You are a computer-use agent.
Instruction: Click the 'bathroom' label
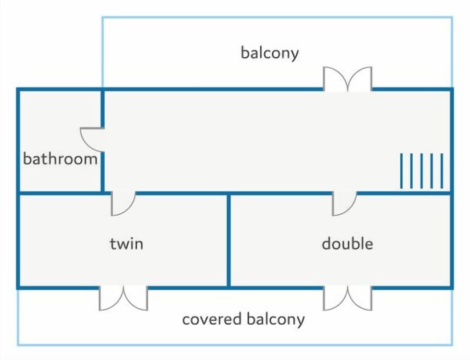tap(60, 159)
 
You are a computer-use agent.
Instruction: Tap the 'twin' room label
tap(126, 244)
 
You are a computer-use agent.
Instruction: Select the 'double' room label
tap(348, 243)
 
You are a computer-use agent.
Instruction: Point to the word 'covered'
tap(211, 319)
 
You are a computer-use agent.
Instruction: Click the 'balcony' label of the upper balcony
tap(270, 53)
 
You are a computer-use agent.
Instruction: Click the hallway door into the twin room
tap(123, 203)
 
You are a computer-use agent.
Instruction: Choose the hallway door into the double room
tap(344, 203)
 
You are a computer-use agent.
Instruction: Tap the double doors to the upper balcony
tap(348, 78)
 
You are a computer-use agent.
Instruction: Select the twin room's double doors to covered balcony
tap(123, 298)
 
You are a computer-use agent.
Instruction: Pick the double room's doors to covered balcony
tap(348, 298)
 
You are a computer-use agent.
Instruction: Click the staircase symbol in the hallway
tap(422, 171)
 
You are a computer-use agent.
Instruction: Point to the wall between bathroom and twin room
tap(60, 193)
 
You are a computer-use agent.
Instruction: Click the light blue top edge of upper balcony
tap(277, 18)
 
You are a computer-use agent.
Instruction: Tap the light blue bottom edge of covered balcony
tap(235, 345)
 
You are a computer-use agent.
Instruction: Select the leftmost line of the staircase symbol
tap(401, 171)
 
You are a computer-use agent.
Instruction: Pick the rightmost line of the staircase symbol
tap(442, 171)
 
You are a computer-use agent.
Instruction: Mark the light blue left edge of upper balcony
tap(102, 52)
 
